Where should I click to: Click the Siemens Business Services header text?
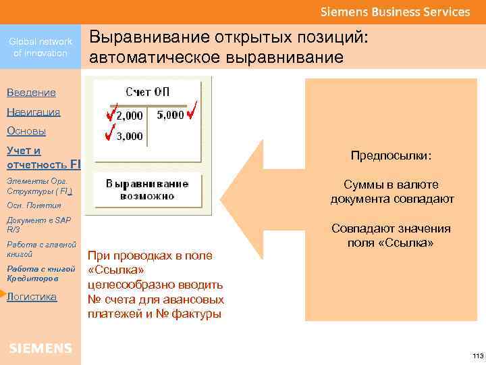click(x=395, y=11)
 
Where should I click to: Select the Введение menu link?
click(x=31, y=93)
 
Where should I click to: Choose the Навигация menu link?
click(x=33, y=112)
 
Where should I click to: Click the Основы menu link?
click(x=26, y=131)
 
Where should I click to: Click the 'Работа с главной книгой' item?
click(x=40, y=249)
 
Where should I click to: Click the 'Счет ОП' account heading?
click(x=148, y=93)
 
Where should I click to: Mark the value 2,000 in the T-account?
click(x=130, y=116)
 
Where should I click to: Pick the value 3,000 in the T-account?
click(x=130, y=136)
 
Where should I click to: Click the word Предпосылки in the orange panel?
click(x=391, y=156)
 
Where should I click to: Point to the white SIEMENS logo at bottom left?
click(x=40, y=348)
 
